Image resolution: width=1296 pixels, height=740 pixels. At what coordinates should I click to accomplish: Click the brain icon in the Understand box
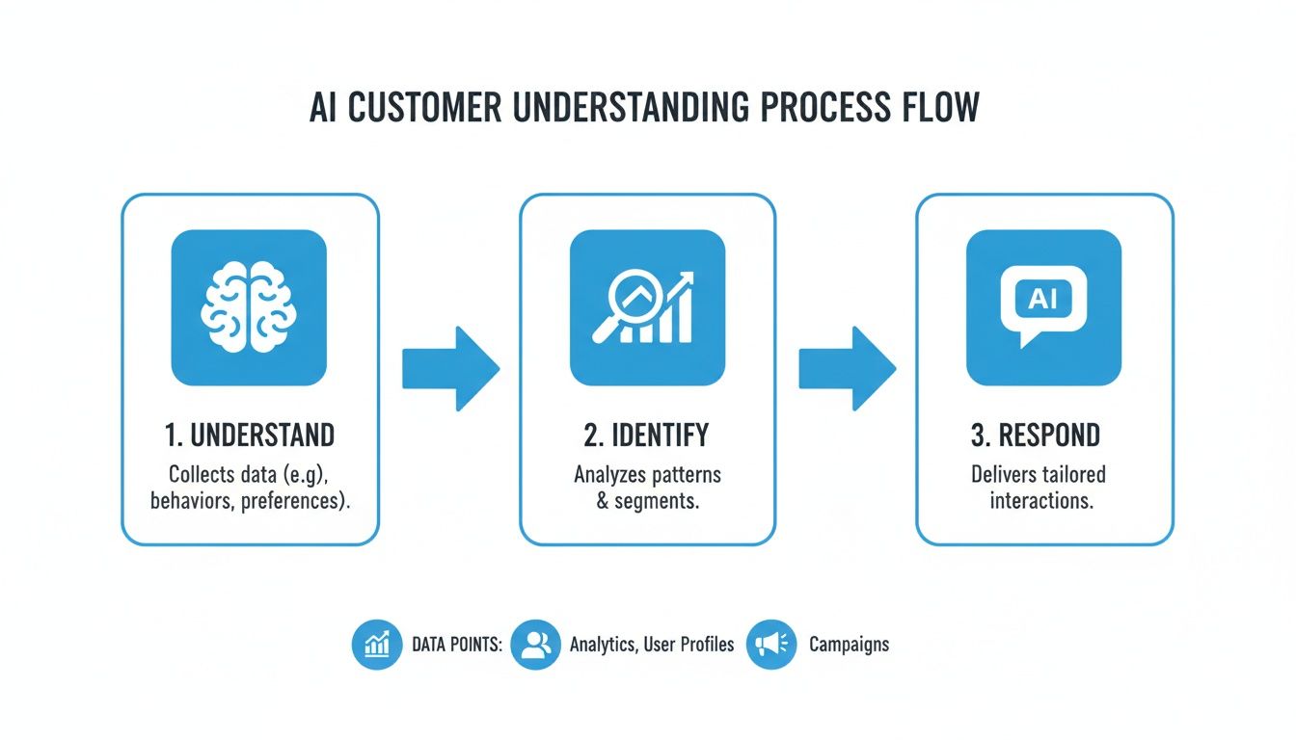point(249,307)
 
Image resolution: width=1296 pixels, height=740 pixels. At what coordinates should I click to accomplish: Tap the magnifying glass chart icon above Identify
point(647,307)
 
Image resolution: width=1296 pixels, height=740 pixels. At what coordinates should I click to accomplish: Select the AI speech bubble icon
point(1043,307)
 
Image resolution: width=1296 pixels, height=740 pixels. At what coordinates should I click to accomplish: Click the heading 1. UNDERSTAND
point(250,436)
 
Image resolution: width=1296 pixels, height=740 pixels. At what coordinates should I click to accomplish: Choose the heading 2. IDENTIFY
point(646,436)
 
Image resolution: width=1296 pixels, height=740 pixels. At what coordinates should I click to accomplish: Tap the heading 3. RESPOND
point(1035,436)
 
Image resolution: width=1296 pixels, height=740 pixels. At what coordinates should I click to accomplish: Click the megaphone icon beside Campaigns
point(771,645)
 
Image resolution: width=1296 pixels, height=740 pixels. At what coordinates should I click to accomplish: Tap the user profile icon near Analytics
point(535,645)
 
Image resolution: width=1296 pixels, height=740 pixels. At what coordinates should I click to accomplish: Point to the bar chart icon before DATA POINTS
point(377,645)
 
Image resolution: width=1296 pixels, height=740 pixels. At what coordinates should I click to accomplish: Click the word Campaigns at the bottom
point(849,645)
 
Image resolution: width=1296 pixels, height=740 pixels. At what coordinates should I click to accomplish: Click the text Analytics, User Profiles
point(652,645)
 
